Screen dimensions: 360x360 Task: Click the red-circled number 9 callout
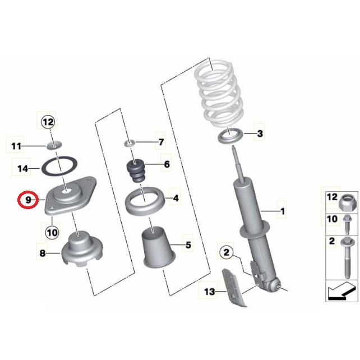(27, 200)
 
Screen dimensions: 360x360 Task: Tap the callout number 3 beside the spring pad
(260, 133)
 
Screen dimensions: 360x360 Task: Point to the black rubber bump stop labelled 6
(136, 170)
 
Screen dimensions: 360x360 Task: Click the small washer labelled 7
(130, 144)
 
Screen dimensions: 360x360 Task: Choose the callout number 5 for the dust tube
(188, 245)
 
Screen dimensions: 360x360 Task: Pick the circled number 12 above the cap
(48, 122)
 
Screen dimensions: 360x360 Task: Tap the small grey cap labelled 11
(54, 145)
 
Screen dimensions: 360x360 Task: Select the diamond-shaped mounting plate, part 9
(70, 196)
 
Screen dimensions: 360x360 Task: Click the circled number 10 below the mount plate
(52, 233)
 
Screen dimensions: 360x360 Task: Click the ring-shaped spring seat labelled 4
(145, 201)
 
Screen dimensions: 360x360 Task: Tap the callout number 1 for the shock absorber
(283, 211)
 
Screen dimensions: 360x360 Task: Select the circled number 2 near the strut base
(226, 252)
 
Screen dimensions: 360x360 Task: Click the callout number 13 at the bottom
(209, 292)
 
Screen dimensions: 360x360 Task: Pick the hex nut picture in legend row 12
(348, 202)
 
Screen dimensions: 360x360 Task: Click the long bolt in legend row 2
(348, 257)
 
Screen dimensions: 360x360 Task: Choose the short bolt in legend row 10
(347, 225)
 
